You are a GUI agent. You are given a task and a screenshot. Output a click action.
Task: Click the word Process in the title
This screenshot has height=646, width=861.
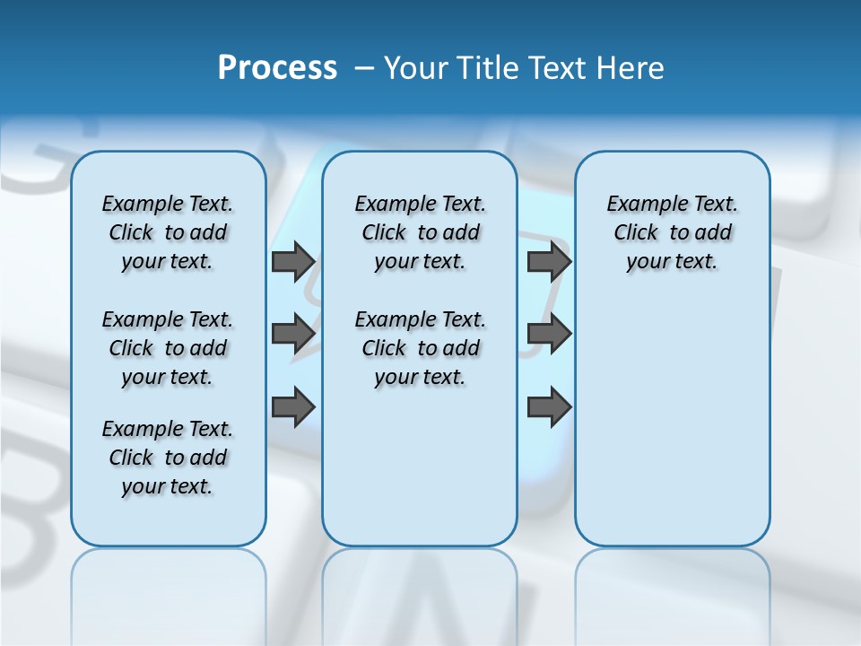click(277, 68)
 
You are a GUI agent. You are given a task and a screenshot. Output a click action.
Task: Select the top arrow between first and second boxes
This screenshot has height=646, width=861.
click(293, 262)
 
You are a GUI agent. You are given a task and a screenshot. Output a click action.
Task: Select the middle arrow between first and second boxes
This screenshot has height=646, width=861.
click(293, 334)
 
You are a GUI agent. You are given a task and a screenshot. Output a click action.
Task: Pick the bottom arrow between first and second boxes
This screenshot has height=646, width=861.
click(293, 407)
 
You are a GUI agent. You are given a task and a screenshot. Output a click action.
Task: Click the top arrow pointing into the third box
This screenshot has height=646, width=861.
click(549, 262)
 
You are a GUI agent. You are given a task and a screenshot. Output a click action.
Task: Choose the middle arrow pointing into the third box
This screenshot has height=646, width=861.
click(549, 334)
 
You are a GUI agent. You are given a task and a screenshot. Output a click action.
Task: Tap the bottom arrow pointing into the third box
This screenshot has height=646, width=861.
click(549, 407)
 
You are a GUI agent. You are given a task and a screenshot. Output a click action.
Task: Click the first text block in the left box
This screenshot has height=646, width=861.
click(168, 232)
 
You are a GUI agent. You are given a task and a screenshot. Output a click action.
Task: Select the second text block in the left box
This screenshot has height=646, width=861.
click(168, 348)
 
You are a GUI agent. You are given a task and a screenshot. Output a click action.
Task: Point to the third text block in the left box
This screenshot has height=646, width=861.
click(168, 458)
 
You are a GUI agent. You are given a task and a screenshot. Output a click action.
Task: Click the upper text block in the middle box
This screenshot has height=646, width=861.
click(420, 232)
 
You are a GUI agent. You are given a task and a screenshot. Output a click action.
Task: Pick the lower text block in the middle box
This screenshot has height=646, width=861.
click(420, 348)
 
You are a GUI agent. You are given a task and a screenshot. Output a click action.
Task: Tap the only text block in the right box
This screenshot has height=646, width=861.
click(672, 232)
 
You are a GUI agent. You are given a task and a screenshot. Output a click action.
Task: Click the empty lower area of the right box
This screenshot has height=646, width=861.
click(672, 422)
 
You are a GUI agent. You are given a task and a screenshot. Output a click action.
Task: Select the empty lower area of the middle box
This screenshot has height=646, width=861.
click(420, 467)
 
